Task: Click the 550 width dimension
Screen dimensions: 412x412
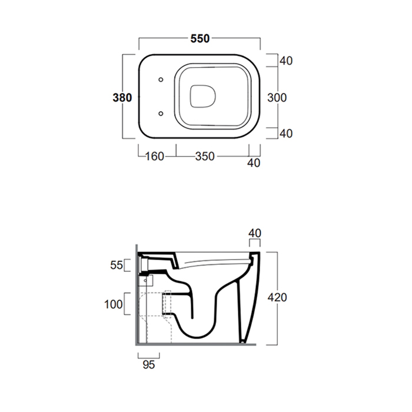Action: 200,39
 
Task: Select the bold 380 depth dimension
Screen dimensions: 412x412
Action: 122,98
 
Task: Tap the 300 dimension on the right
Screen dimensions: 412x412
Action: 277,98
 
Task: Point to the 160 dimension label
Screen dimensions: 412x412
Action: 154,157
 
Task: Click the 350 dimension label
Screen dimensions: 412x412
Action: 205,157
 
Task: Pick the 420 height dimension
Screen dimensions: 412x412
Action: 277,297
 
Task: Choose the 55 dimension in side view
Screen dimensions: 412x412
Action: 117,265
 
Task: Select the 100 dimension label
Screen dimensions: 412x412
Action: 113,304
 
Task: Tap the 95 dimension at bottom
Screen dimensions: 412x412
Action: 149,364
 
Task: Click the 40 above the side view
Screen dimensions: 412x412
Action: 255,233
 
